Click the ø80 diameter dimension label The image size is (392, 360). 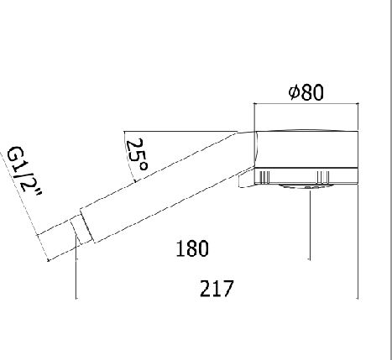click(306, 92)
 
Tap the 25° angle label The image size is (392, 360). click(137, 154)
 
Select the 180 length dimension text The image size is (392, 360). click(192, 248)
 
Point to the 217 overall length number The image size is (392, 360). click(217, 289)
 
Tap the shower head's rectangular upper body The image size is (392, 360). click(306, 149)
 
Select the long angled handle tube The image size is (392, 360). click(168, 186)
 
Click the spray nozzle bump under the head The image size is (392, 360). click(305, 186)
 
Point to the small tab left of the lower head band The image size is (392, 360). click(247, 180)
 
